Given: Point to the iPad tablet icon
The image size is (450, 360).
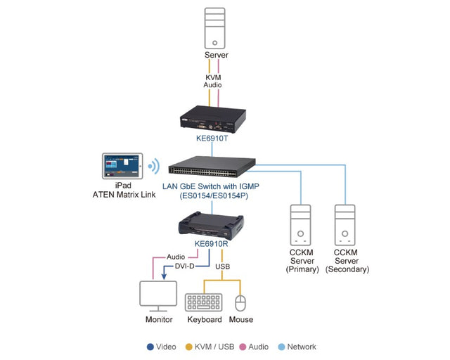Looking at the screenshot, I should click(x=122, y=167).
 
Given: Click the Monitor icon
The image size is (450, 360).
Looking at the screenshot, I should click(x=158, y=295).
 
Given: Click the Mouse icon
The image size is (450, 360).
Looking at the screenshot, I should click(x=240, y=302).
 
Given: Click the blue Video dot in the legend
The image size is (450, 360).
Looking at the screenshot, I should click(x=150, y=347).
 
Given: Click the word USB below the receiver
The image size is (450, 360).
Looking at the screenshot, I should click(x=221, y=266).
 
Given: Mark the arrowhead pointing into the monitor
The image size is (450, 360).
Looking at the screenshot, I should click(x=164, y=277).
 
